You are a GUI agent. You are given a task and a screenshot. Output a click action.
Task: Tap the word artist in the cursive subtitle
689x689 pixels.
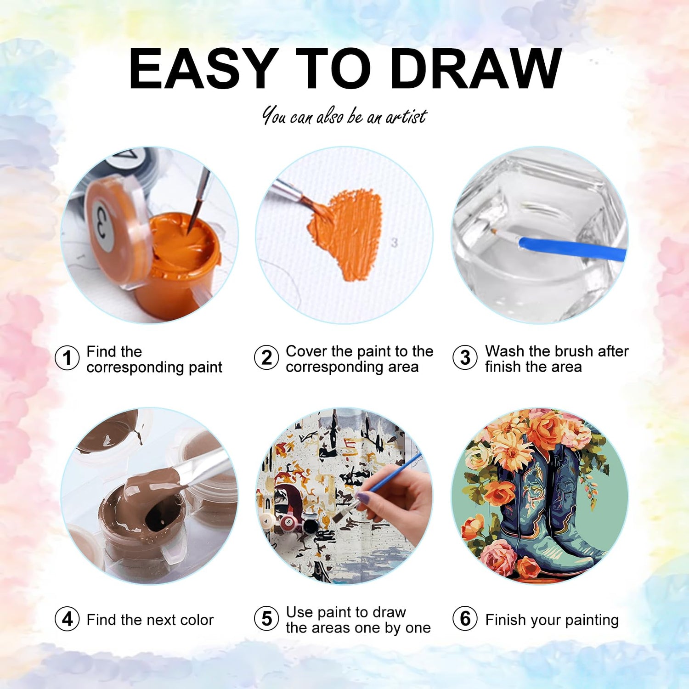point(406,117)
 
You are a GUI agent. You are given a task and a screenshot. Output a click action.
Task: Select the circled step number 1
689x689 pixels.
point(67,358)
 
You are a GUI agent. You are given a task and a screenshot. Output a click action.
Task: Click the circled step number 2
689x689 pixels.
point(266,358)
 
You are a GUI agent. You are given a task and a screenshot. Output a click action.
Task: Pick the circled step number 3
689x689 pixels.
point(465,358)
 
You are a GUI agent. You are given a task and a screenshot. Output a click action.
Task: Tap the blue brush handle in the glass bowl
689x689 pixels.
point(572,248)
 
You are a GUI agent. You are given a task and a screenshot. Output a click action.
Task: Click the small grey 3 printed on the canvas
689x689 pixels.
point(394,243)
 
